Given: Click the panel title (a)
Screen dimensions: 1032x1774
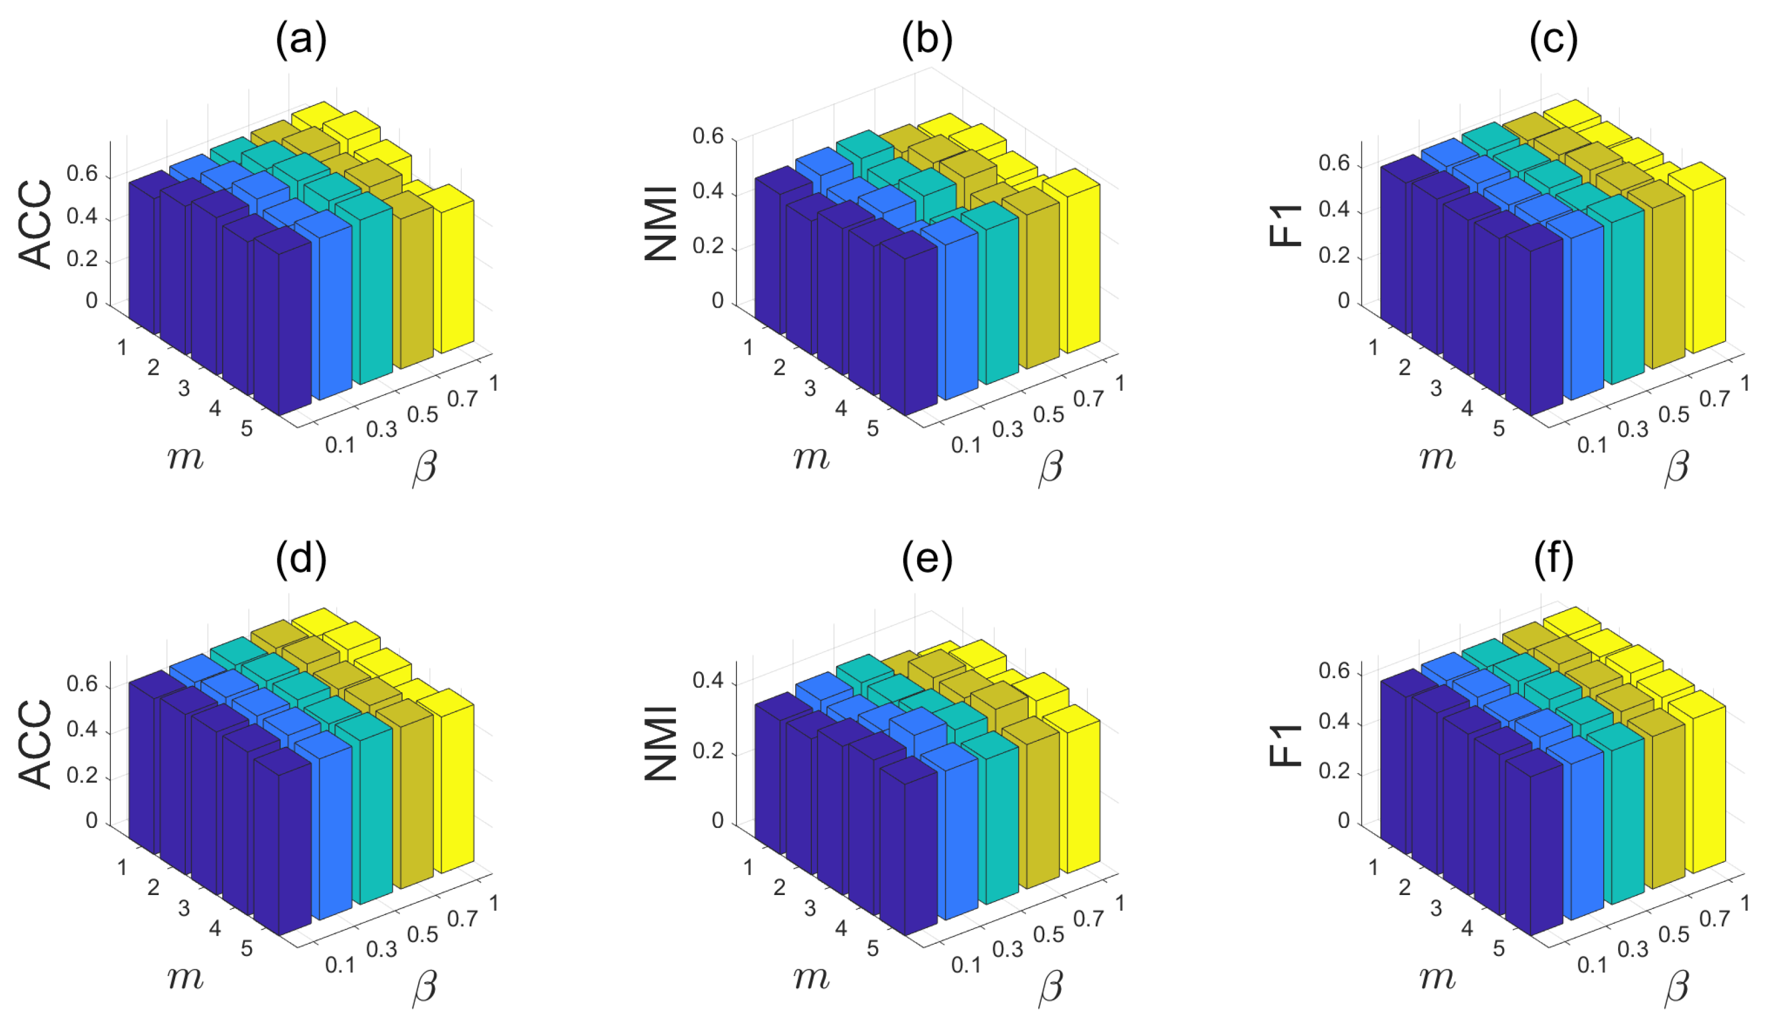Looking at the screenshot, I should pos(301,39).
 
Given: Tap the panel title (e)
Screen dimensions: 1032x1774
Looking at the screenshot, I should pos(927,560).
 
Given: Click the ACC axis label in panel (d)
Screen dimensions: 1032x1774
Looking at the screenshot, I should pos(35,744).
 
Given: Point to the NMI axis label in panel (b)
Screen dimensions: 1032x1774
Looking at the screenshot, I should pos(661,223).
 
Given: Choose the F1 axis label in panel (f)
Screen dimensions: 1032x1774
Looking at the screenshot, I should pos(1285,745).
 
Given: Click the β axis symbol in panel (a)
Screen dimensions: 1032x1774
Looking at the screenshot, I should pos(424,467).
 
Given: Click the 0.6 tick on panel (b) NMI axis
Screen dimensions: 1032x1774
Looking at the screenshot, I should pos(708,136).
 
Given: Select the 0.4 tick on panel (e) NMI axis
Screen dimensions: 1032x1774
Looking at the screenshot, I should pos(708,681).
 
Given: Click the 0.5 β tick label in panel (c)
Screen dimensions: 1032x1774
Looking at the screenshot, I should pos(1673,415).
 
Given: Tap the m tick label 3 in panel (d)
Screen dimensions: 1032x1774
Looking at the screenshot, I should pos(184,908).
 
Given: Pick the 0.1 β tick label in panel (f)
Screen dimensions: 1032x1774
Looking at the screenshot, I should pos(1592,964).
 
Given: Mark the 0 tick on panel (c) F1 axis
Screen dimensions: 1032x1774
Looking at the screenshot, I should pos(1343,301).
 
